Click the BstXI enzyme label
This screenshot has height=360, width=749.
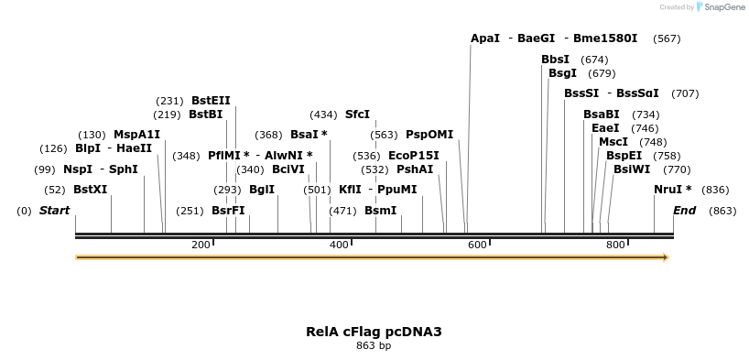click(x=90, y=190)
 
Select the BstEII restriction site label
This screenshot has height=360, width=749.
click(x=211, y=101)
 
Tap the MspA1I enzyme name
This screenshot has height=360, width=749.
click(x=136, y=135)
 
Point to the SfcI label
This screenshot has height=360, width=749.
click(x=357, y=115)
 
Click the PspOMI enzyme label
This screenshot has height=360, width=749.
click(x=429, y=135)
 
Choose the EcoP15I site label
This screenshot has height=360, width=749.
click(x=413, y=156)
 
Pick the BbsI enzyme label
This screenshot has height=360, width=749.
click(x=555, y=60)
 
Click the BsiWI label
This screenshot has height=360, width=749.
click(x=632, y=169)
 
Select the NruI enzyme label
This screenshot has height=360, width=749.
click(x=672, y=190)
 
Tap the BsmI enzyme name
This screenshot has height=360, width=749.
click(x=381, y=211)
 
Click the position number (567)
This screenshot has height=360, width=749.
click(x=667, y=39)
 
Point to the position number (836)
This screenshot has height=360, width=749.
click(x=715, y=190)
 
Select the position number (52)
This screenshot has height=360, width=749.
click(x=55, y=190)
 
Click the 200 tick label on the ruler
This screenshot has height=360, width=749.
click(x=201, y=245)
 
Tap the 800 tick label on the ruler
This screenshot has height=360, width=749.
click(x=615, y=245)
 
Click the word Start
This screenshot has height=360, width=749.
click(x=54, y=211)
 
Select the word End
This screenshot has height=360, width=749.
click(x=684, y=211)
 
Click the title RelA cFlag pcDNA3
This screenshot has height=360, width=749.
click(x=374, y=332)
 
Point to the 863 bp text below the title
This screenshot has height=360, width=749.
click(x=374, y=346)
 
